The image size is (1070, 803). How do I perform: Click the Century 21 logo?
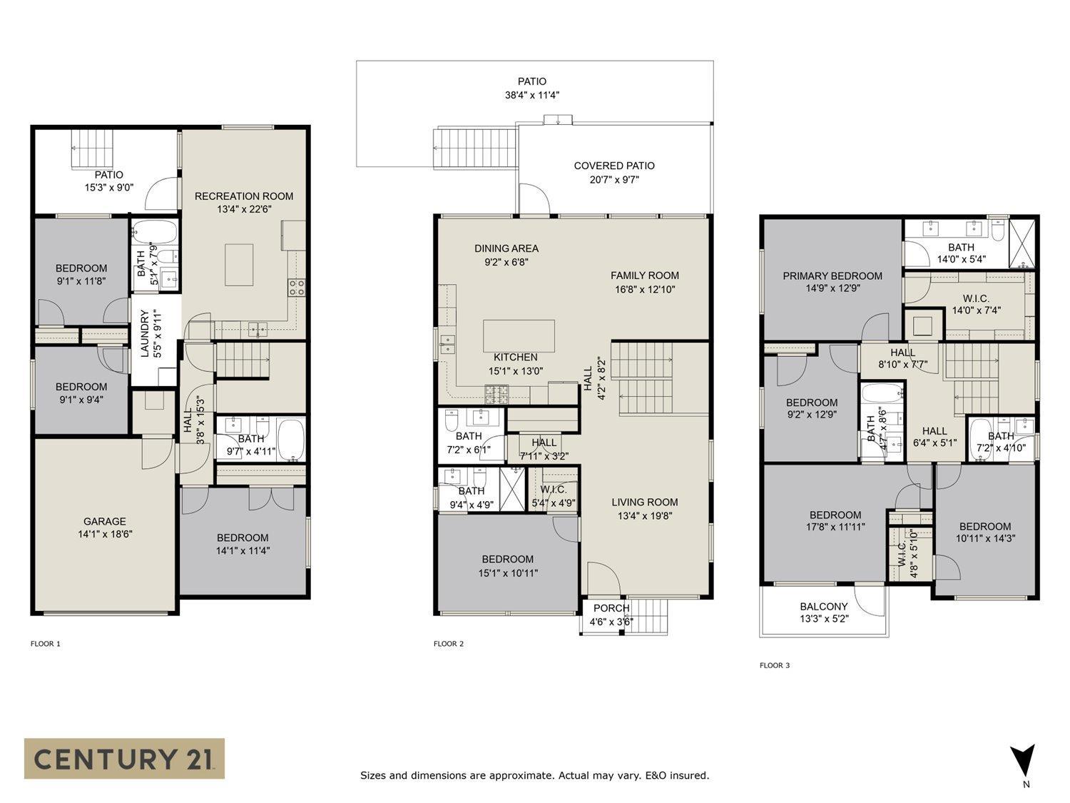pos(124,758)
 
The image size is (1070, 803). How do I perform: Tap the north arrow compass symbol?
pos(1023,761)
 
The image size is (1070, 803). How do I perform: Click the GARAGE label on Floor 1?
pos(105,522)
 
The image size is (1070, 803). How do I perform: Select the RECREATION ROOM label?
pos(244,196)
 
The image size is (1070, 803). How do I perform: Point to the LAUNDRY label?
pos(144,333)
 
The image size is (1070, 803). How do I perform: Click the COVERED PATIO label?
pos(614,166)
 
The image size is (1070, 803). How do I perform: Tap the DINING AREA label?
pos(506,248)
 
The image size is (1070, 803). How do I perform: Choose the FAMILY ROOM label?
pos(644,276)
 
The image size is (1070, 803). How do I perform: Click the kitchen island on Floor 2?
pos(519,335)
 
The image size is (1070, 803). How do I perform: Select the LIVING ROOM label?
pos(644,502)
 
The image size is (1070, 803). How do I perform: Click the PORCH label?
pos(611,608)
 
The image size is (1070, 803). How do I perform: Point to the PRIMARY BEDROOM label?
pos(832,276)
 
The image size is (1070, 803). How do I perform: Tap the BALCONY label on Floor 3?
pos(824,607)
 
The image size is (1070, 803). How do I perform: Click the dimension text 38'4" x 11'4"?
pos(532,95)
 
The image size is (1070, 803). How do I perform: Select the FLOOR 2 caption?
pos(449,644)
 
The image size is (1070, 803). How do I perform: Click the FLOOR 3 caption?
pos(775,665)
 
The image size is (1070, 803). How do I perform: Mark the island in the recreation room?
pos(239,265)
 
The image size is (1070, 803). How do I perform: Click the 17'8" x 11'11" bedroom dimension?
pos(835,527)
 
